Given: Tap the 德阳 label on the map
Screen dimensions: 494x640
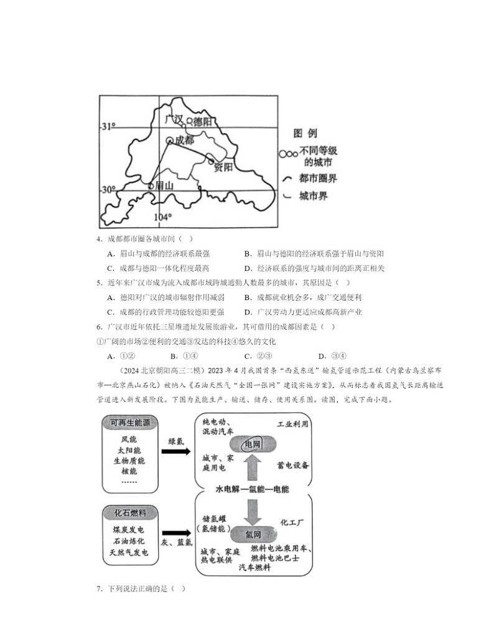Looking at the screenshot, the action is tap(202, 121).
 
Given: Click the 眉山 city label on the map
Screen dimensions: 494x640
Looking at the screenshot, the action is tap(163, 185).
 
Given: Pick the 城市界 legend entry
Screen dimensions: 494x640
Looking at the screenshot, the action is tap(314, 196).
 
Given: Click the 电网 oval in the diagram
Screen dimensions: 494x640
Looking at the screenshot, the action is tap(252, 445).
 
